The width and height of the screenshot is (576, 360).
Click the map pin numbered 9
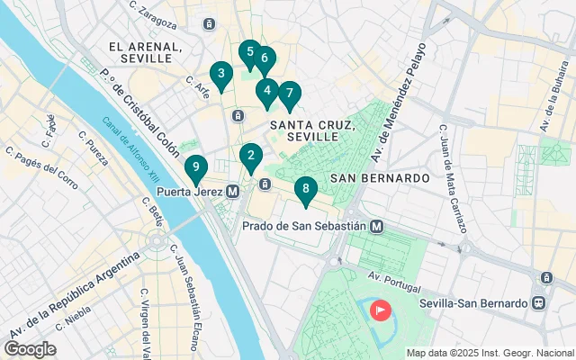click(x=195, y=167)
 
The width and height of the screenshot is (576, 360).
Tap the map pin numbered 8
click(x=306, y=188)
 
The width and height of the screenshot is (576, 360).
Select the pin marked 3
click(x=219, y=74)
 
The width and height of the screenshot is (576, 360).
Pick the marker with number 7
click(x=289, y=93)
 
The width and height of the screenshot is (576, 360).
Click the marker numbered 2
click(x=251, y=155)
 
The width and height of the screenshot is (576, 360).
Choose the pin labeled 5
click(x=249, y=52)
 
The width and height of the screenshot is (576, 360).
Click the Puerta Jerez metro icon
click(x=233, y=191)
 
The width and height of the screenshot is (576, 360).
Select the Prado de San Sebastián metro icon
click(x=378, y=226)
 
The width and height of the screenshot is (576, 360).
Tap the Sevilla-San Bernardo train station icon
click(x=538, y=303)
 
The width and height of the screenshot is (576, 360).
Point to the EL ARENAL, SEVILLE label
click(x=139, y=51)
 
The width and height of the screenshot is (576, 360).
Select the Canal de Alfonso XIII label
click(x=125, y=149)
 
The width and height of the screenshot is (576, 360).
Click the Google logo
click(x=30, y=348)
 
